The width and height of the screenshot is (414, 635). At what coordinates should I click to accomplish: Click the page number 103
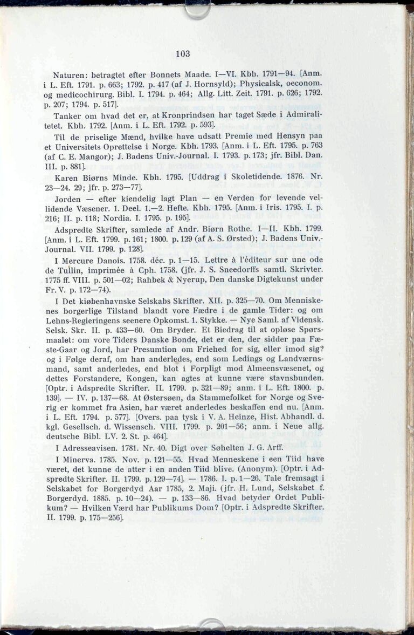pyautogui.click(x=183, y=54)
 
